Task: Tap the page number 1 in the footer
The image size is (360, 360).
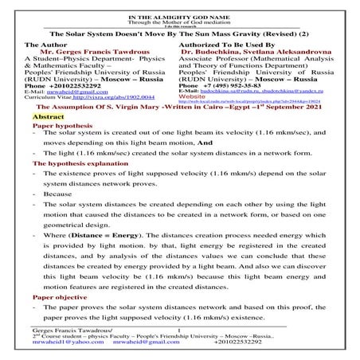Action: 180,329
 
